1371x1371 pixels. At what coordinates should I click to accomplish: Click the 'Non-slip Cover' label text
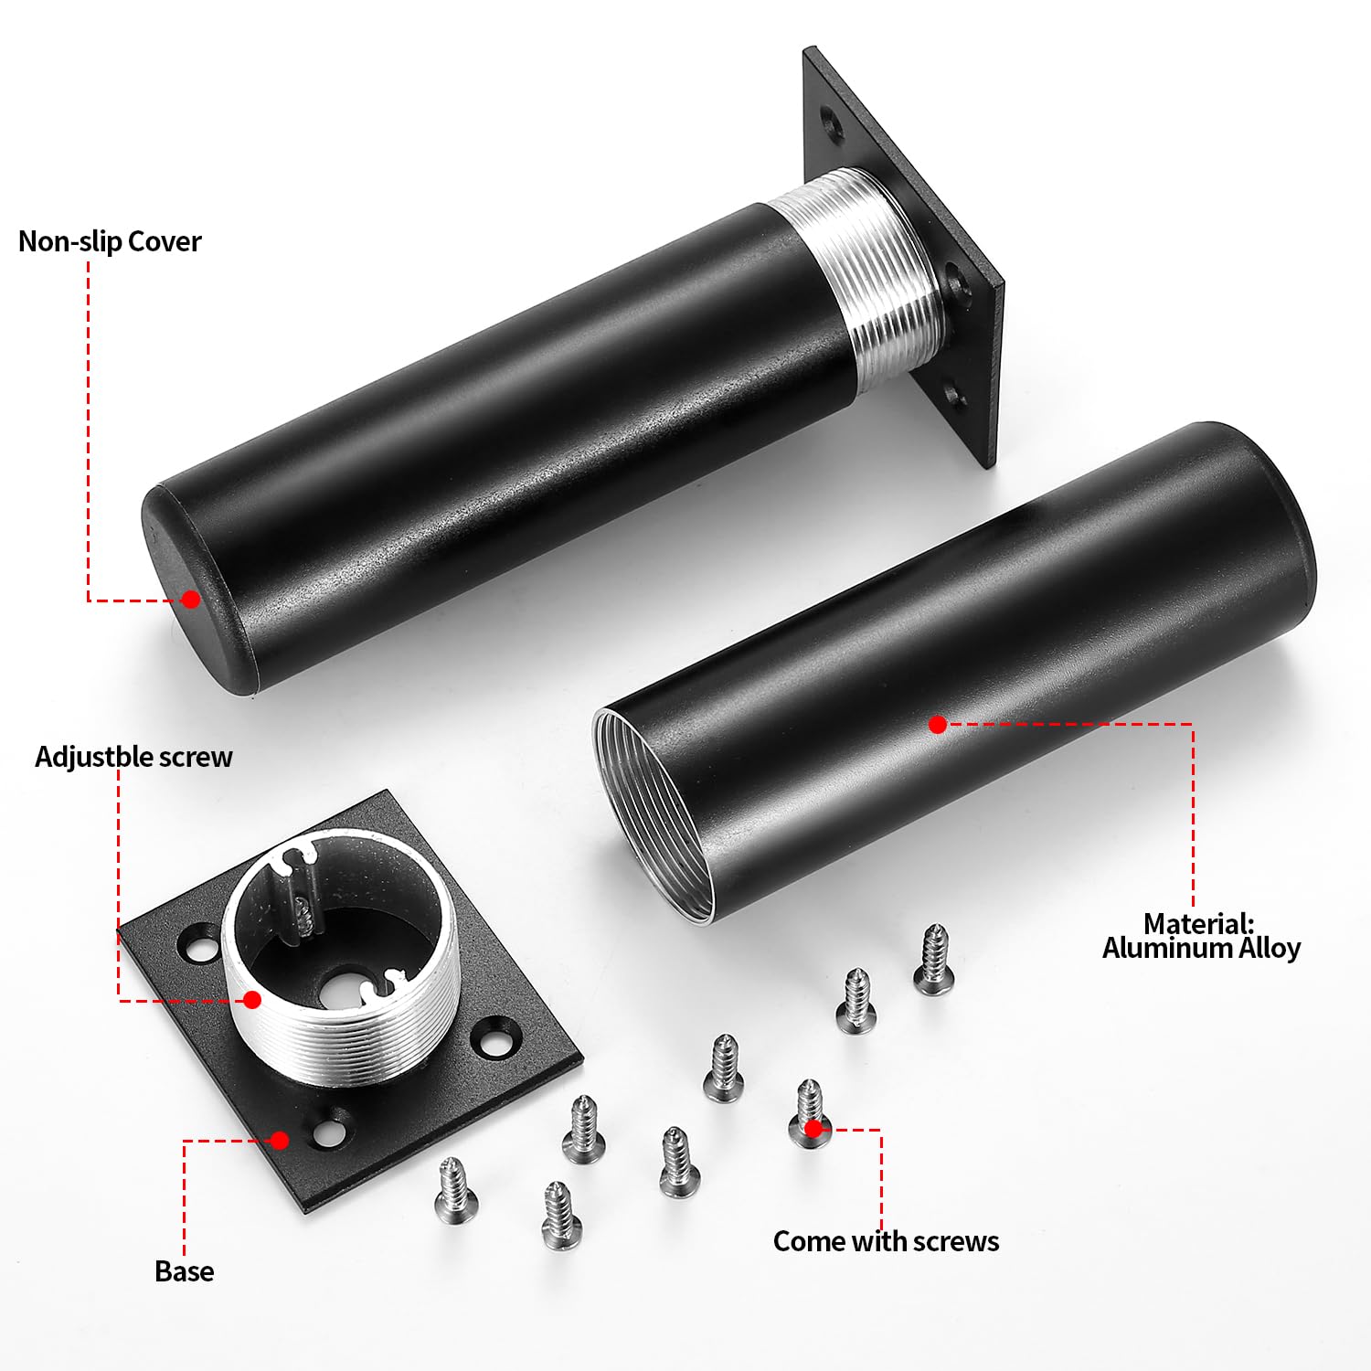click(x=110, y=242)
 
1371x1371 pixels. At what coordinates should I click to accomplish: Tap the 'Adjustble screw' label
click(x=133, y=758)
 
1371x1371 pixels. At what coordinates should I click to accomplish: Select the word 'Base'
click(x=185, y=1271)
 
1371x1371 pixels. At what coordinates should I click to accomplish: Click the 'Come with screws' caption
click(x=886, y=1241)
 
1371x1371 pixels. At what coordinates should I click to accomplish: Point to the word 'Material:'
click(x=1199, y=923)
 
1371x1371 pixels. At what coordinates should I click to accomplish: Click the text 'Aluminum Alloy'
click(x=1201, y=949)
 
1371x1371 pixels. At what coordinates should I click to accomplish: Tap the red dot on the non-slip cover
click(x=190, y=599)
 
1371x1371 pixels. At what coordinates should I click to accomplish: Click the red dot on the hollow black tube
click(x=937, y=724)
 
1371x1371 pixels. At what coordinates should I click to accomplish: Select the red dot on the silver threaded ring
click(x=252, y=1000)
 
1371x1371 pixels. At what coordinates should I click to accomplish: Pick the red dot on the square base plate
click(x=280, y=1140)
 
